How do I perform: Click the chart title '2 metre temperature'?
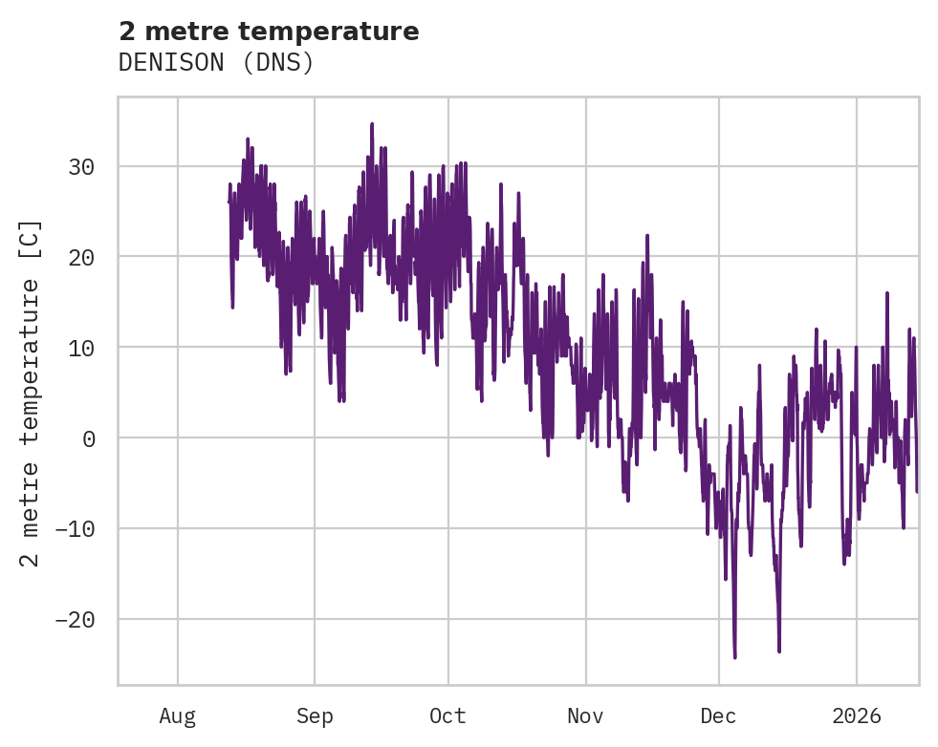(x=269, y=32)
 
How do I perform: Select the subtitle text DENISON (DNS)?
(x=216, y=62)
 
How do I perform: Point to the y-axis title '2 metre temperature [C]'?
(x=31, y=393)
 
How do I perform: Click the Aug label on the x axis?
(x=178, y=715)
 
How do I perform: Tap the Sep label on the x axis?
(x=314, y=715)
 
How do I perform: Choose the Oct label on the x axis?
(x=447, y=715)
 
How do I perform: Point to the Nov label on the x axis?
(x=585, y=715)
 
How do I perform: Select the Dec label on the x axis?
(x=719, y=715)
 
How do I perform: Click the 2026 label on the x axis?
(x=857, y=715)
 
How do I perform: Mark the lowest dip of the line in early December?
(x=734, y=657)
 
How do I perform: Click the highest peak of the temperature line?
(x=372, y=124)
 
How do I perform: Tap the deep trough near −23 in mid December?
(x=779, y=651)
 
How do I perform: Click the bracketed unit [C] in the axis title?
(x=31, y=239)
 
